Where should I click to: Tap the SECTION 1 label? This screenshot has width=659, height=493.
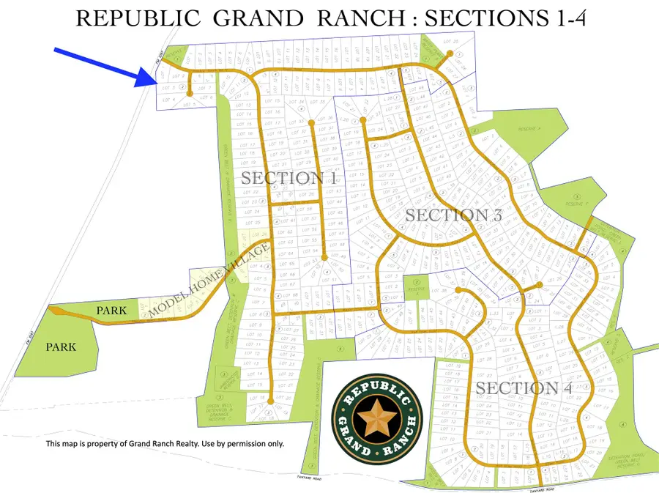tap(288, 178)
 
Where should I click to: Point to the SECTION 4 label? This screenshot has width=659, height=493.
tap(524, 388)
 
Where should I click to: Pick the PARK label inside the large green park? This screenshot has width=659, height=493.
tap(61, 347)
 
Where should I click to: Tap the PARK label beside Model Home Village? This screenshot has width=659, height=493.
tap(111, 311)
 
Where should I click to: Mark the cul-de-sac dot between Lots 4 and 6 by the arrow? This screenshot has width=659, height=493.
tap(190, 94)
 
